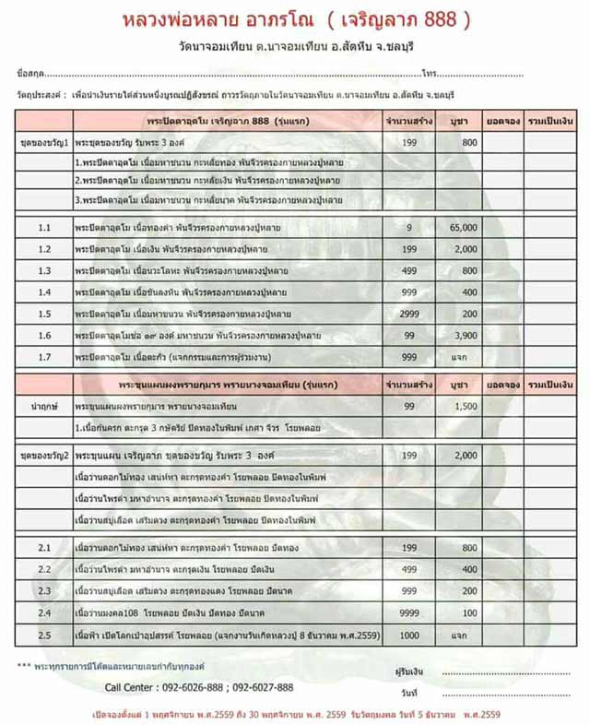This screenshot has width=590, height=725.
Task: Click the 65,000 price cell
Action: (x=463, y=227)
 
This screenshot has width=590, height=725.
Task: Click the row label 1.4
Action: (x=45, y=291)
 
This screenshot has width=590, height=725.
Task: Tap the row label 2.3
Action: (x=45, y=590)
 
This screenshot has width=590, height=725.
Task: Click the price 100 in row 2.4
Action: (x=469, y=612)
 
